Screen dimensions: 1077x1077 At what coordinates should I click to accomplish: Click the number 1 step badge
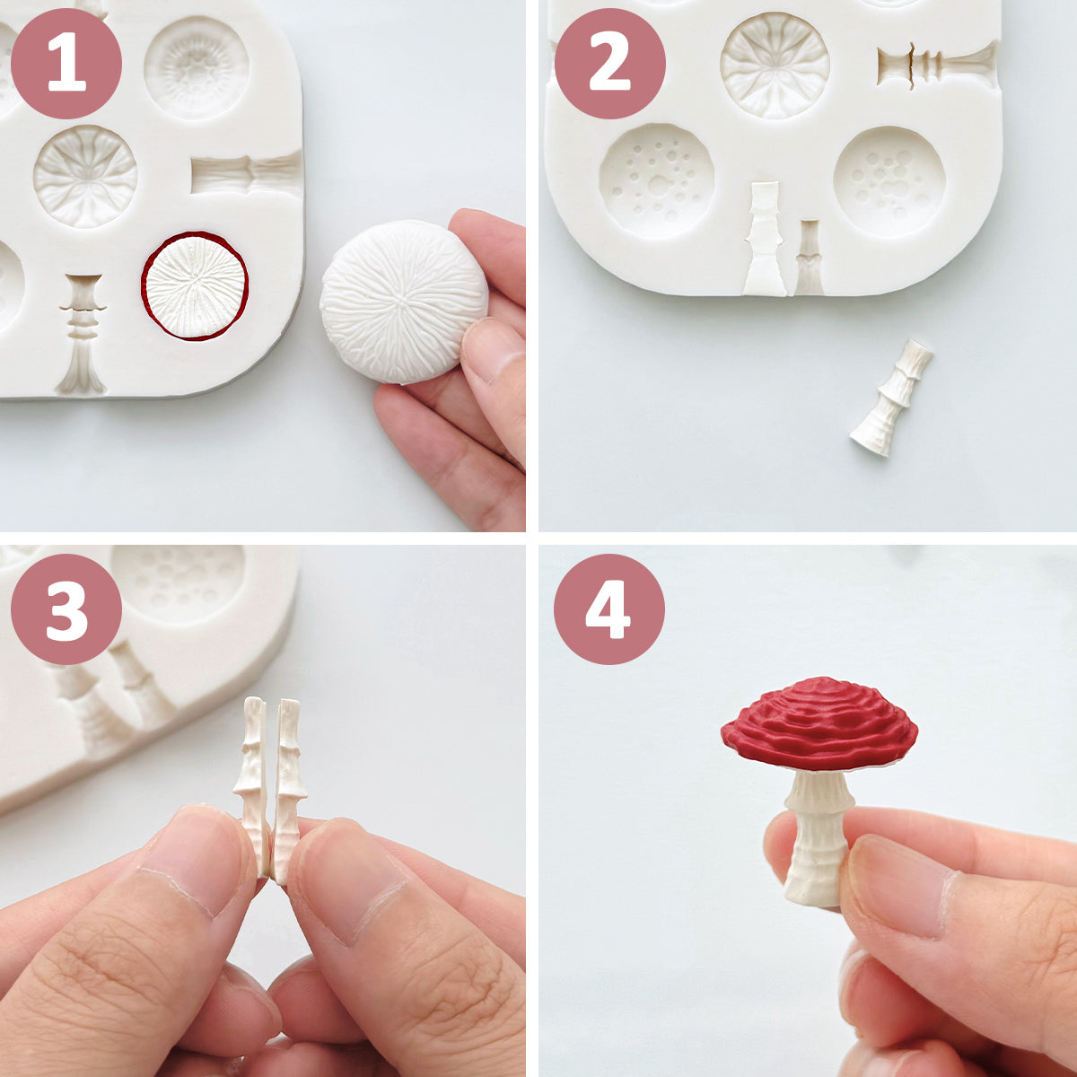point(66,64)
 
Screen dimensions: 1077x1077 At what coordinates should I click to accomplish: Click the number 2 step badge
point(609,64)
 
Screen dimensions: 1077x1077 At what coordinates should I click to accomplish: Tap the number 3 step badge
point(66,609)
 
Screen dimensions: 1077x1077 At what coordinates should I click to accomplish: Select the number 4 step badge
point(609,609)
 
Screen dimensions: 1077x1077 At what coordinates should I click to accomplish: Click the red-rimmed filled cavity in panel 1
point(195,286)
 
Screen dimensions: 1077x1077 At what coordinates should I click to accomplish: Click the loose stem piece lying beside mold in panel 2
point(891,398)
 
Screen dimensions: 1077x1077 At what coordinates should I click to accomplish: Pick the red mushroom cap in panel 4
point(819,723)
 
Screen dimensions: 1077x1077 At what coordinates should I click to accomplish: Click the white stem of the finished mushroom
point(817,835)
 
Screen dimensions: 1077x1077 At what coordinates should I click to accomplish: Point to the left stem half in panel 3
point(253,781)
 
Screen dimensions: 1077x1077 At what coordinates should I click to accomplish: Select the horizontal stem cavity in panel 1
point(245,173)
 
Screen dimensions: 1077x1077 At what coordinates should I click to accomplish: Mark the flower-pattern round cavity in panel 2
point(775,65)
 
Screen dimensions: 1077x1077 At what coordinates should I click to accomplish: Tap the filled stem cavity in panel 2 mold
point(765,238)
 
